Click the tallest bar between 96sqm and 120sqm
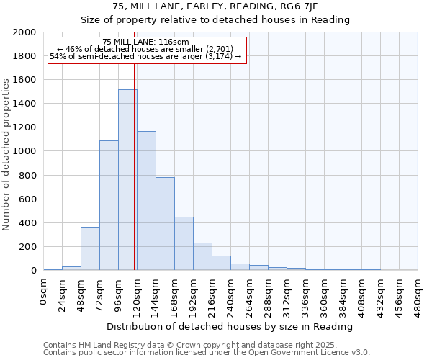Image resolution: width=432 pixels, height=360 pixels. (x=127, y=180)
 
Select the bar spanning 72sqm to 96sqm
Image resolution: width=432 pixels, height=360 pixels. (x=109, y=205)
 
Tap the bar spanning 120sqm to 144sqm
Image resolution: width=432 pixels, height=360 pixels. (x=146, y=201)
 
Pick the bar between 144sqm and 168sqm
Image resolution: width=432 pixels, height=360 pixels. (x=165, y=224)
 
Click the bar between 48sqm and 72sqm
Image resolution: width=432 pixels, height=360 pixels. (x=90, y=249)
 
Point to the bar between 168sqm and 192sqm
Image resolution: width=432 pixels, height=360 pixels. (x=184, y=244)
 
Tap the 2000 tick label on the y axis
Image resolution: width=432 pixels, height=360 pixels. (x=24, y=33)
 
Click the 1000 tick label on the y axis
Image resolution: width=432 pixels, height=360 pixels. (x=24, y=152)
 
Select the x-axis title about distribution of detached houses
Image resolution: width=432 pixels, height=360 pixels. (x=231, y=326)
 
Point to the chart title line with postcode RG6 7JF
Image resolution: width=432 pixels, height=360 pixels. (x=216, y=6)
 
